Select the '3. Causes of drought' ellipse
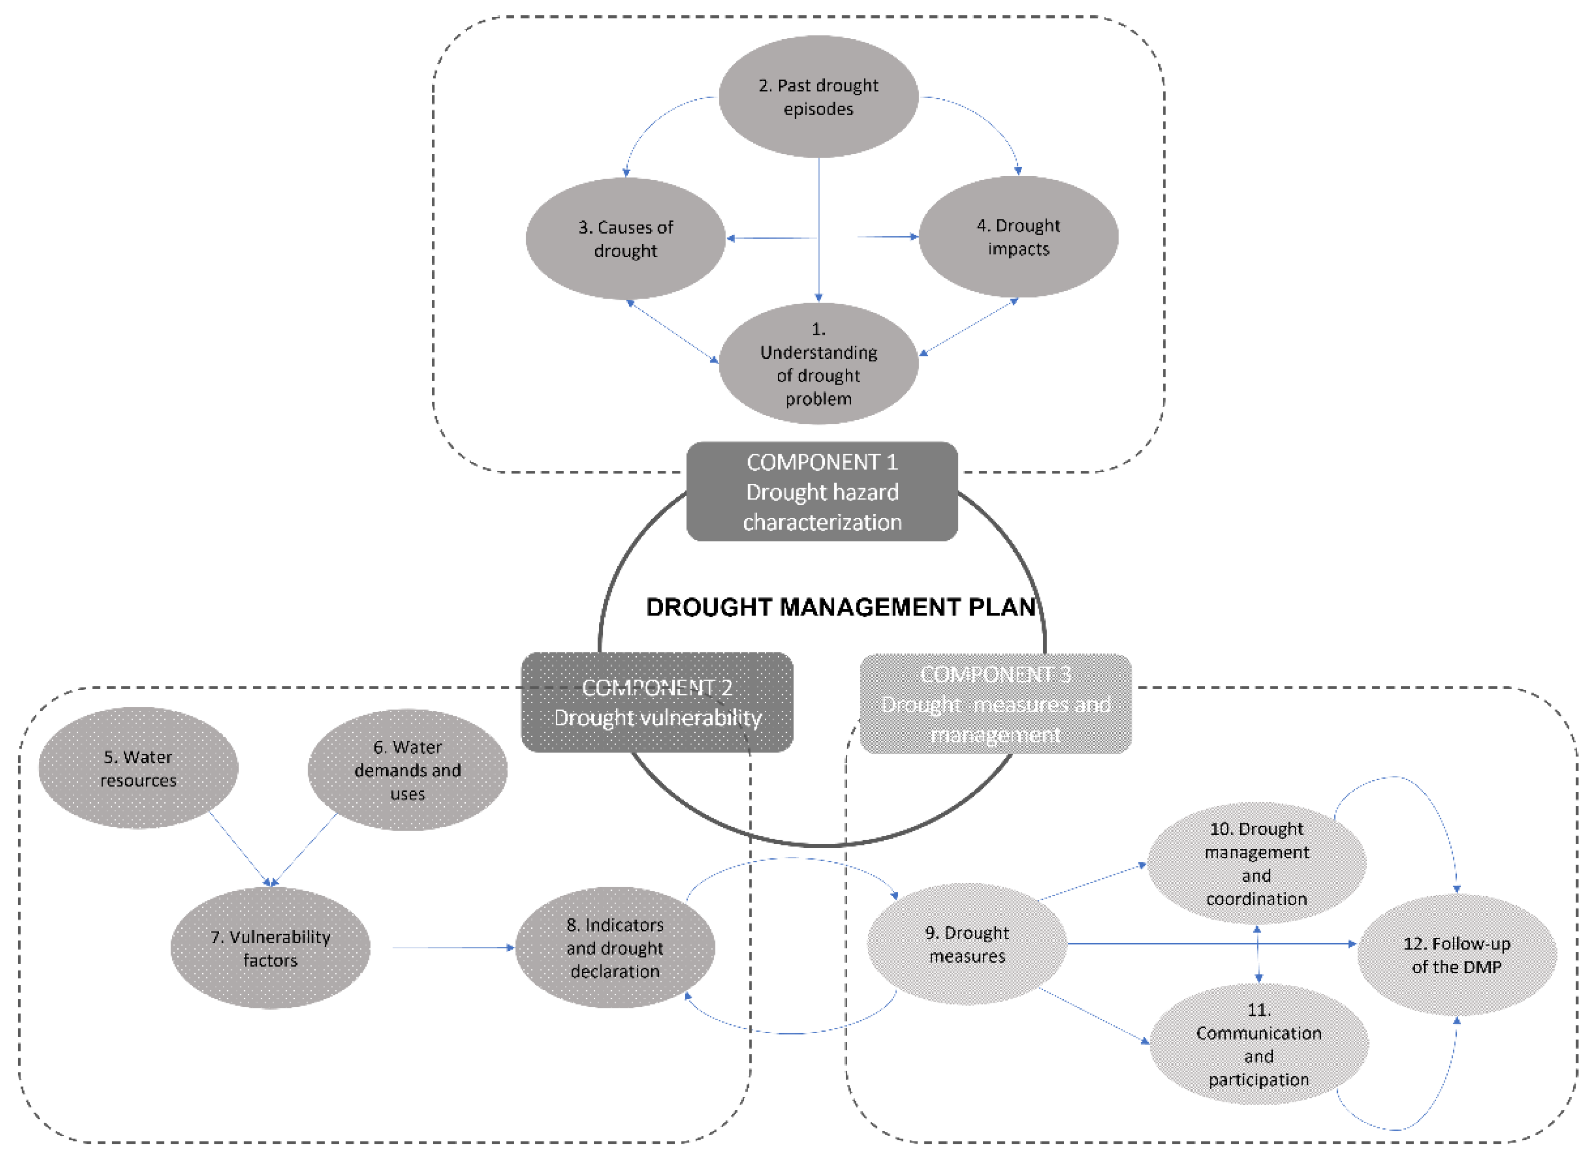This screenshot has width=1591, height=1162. point(625,239)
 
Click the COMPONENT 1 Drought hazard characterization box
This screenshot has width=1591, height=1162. point(821,491)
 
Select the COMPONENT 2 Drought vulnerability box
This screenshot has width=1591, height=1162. point(657,702)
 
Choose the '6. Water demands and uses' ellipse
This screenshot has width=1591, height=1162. point(407,770)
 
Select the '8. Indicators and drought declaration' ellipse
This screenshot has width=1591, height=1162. point(614,947)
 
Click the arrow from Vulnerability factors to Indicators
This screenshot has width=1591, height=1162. point(450,947)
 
